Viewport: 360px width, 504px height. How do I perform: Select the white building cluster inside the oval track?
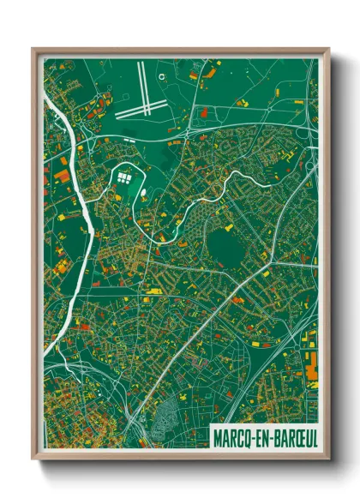coord(124,178)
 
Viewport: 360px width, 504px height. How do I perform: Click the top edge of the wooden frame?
coord(180,51)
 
